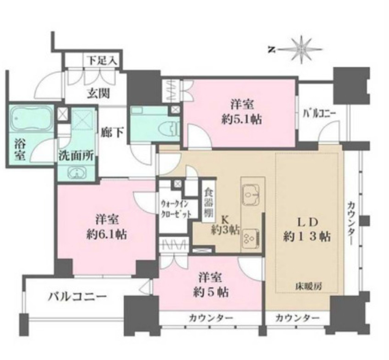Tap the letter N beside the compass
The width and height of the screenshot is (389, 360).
(271, 49)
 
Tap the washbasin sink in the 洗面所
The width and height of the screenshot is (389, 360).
(77, 173)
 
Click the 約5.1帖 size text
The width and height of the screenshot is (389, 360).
(242, 119)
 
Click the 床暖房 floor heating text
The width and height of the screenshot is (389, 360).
(308, 286)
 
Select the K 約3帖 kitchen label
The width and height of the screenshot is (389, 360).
(225, 225)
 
